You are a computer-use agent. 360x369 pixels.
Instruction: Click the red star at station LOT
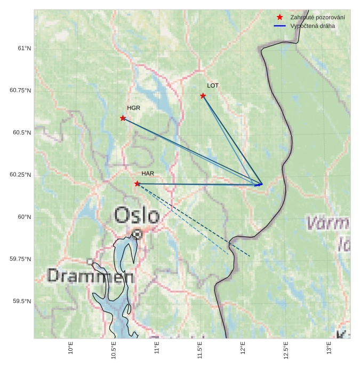point(203,96)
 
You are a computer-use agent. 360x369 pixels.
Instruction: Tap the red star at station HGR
point(123,118)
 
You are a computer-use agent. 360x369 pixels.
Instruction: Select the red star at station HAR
point(137,184)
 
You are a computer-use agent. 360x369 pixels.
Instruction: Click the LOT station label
point(213,85)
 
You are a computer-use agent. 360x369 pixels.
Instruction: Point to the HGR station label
point(133,108)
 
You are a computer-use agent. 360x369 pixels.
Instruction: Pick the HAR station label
point(148,174)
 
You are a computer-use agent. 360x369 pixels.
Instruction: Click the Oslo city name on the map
point(137,216)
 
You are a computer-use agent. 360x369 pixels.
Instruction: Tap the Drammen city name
point(90,276)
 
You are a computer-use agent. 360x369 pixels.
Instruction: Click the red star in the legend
point(279,18)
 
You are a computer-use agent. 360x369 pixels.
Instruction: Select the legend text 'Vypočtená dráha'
point(313,26)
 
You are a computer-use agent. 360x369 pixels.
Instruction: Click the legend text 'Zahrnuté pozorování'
point(317,18)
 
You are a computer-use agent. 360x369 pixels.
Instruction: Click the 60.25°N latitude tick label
point(20,175)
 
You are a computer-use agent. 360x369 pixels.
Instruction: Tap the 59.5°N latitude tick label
point(22,302)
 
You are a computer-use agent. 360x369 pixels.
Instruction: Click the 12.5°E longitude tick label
point(286,350)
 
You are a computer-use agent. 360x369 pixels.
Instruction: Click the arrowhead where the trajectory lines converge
point(261,184)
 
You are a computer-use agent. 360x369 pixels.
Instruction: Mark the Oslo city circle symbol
point(138,234)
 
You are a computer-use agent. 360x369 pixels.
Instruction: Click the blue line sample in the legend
point(279,26)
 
